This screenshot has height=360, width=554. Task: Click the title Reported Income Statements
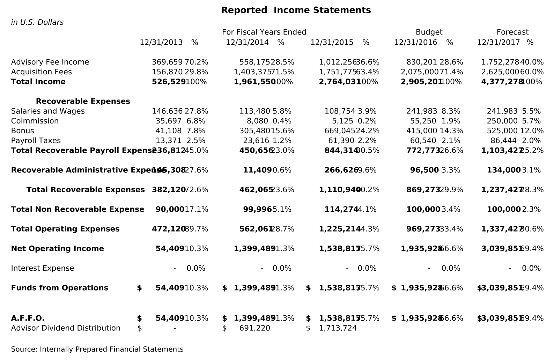[x=296, y=10]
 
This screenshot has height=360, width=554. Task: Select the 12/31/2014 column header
[x=247, y=43]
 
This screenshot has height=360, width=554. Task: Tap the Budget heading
[x=429, y=32]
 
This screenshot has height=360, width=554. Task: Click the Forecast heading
[x=512, y=32]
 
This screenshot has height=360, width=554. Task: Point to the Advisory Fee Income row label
[x=50, y=62]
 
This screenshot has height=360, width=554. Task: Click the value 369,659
[x=167, y=62]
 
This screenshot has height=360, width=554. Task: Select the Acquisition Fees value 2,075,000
[x=419, y=72]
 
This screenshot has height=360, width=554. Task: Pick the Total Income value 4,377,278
[x=502, y=82]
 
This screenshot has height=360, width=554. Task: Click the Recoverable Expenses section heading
[x=83, y=101]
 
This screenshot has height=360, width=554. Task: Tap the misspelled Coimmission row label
[x=35, y=121]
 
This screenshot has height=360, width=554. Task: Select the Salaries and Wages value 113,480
[x=254, y=111]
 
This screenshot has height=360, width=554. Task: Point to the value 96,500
[x=424, y=170]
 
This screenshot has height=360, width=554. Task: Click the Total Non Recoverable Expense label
[x=77, y=209]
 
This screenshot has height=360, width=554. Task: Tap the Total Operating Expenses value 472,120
[x=168, y=229]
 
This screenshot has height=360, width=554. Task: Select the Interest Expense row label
[x=42, y=268]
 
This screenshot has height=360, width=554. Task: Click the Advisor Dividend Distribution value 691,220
[x=254, y=328]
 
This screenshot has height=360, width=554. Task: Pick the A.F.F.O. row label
[x=28, y=318]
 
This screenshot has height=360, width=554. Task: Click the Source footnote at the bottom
[x=97, y=349]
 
